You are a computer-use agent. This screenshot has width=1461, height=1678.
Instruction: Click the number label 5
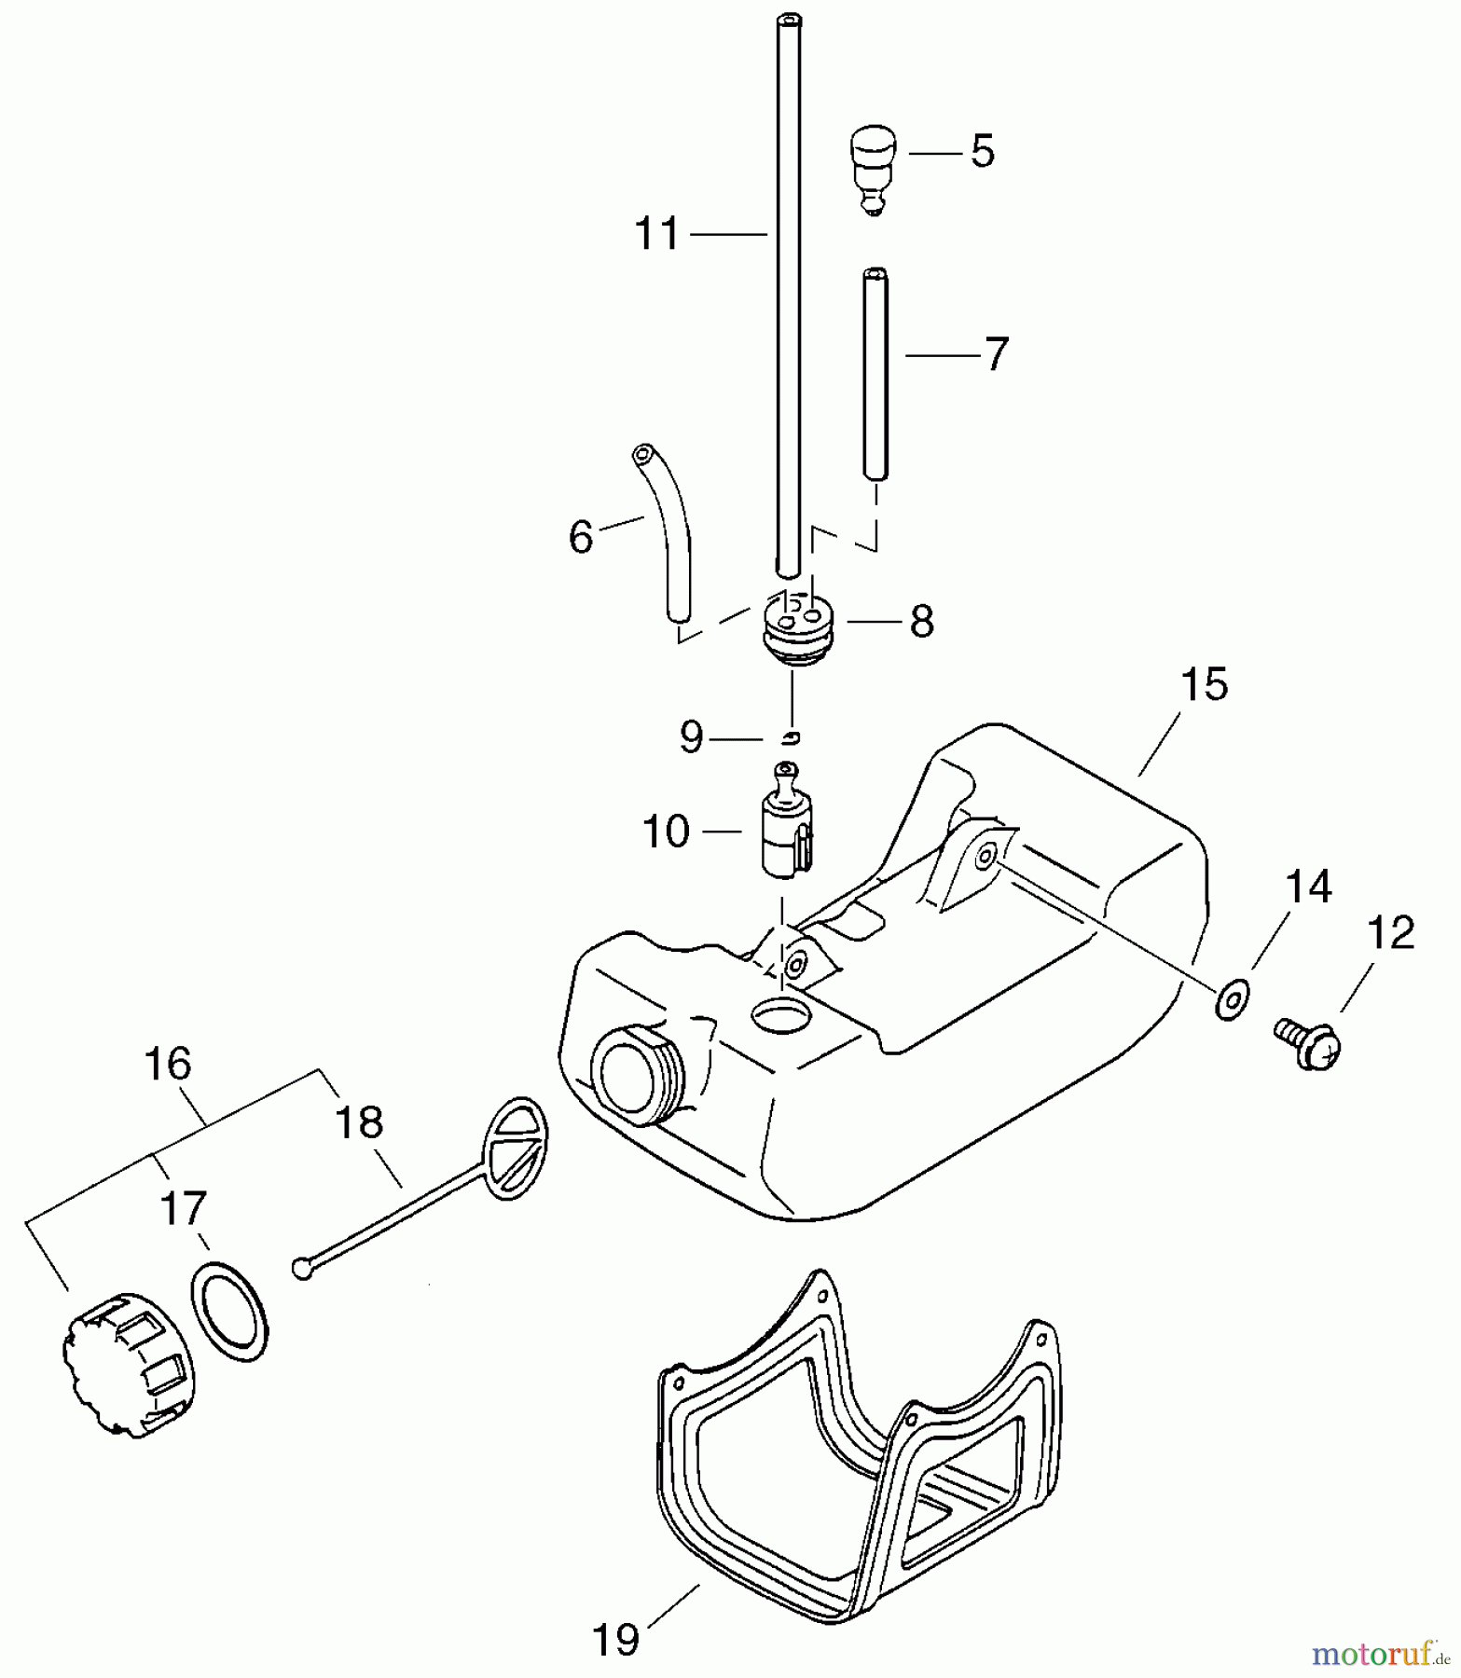click(x=982, y=151)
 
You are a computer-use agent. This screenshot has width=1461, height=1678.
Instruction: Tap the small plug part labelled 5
click(x=872, y=168)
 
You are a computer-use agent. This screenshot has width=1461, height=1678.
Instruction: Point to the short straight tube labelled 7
click(x=875, y=373)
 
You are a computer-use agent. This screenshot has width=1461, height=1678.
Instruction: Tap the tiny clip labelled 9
click(x=791, y=738)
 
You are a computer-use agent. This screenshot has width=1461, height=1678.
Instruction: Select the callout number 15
click(x=1204, y=685)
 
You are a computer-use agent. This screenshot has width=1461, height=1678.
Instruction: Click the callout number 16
click(x=169, y=1064)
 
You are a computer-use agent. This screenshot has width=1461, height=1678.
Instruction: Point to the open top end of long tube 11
click(x=791, y=20)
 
